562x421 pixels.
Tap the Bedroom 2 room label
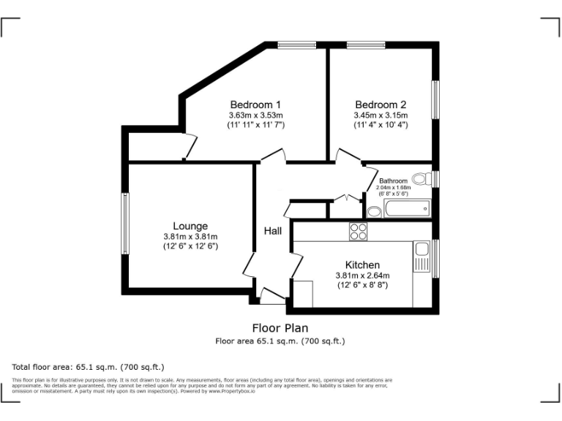(381, 105)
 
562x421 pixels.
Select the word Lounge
(190, 226)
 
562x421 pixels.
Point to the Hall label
(273, 231)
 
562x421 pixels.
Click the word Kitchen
(362, 265)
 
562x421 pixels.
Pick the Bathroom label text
(393, 181)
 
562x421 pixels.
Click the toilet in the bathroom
(421, 178)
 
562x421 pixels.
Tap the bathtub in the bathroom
(407, 210)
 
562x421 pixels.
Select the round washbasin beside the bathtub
(374, 211)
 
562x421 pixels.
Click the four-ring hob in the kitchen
(358, 232)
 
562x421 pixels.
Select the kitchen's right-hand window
(435, 258)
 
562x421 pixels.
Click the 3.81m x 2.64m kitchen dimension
(362, 276)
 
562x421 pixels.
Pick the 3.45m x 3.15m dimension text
(381, 115)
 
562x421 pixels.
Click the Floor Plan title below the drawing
(280, 328)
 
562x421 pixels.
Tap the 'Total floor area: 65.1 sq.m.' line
(89, 366)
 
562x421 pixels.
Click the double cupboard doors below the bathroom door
(345, 197)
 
